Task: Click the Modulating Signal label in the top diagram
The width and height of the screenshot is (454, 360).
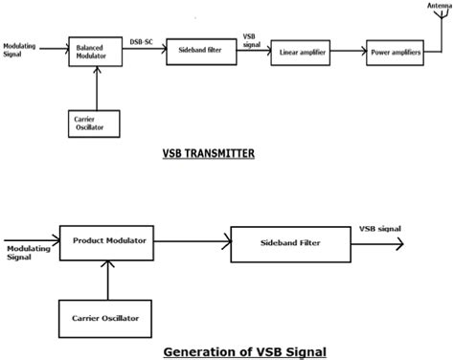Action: [x=21, y=48]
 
